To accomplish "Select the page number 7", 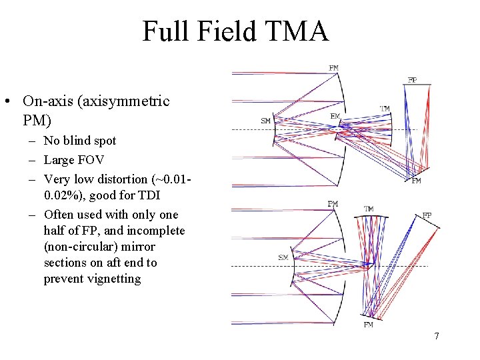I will point(437,336).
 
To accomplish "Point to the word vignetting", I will point(110,279).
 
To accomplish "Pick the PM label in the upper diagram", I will point(333,67).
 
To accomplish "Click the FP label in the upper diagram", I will point(412,80).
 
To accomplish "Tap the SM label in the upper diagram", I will point(265,121).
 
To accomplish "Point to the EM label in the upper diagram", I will point(335,116).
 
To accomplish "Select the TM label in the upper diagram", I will point(385,109).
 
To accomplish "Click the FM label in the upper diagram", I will point(417,181).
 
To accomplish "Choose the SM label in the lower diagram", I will point(283,257).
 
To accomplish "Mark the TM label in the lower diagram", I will point(368,209).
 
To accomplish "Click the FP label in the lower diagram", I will point(427,215).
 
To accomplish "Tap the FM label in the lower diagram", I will point(368,325).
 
